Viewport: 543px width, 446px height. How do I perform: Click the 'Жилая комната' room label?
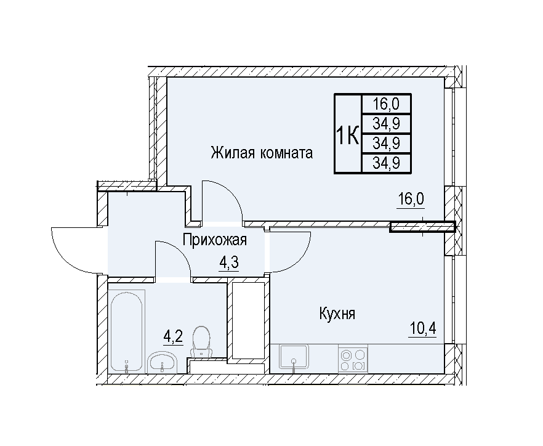pyautogui.click(x=262, y=153)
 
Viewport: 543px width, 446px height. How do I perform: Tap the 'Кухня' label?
pyautogui.click(x=337, y=314)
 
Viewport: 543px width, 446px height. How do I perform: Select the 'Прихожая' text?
pyautogui.click(x=215, y=240)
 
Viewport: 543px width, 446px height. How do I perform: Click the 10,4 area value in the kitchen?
pyautogui.click(x=422, y=328)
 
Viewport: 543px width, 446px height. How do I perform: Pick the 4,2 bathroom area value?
pyautogui.click(x=172, y=336)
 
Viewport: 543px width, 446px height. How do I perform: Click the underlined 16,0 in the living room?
pyautogui.click(x=411, y=200)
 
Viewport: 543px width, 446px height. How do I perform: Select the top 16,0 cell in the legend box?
pyautogui.click(x=386, y=104)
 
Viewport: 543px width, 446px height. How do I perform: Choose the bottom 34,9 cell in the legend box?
pyautogui.click(x=386, y=163)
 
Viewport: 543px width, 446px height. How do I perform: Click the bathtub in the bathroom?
pyautogui.click(x=126, y=331)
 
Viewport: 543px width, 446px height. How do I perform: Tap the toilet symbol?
pyautogui.click(x=201, y=341)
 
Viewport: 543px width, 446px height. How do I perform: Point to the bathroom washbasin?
pyautogui.click(x=163, y=362)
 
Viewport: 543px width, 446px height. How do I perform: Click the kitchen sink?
pyautogui.click(x=294, y=359)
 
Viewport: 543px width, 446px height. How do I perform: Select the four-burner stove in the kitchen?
pyautogui.click(x=353, y=359)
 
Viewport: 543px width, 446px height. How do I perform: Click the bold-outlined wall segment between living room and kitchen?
pyautogui.click(x=422, y=227)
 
